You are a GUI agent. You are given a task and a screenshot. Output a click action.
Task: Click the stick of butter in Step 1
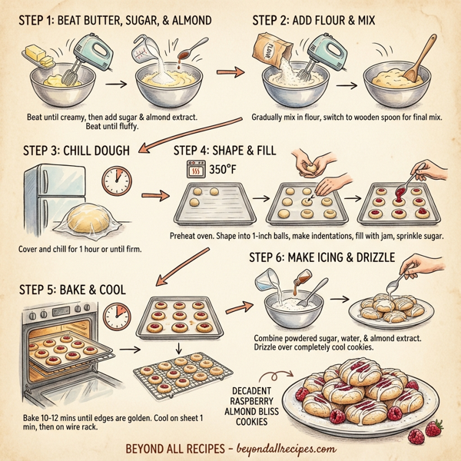(x=38, y=55)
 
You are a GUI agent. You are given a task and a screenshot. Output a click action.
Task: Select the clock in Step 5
(x=117, y=315)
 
